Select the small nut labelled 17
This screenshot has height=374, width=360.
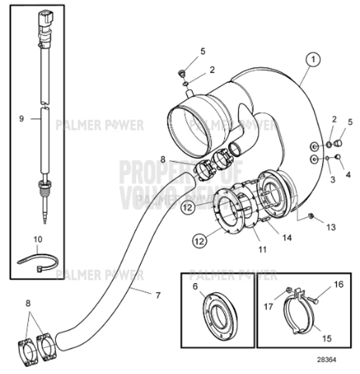tap(288, 290)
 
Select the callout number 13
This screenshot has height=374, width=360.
tap(330, 227)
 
